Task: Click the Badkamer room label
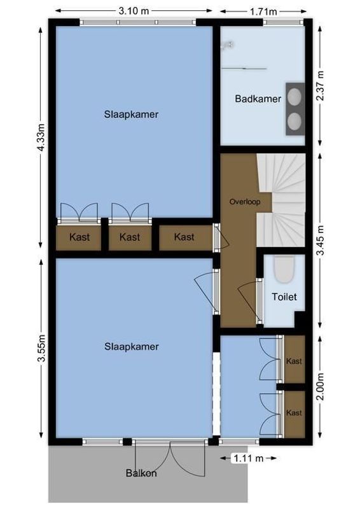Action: coord(258,99)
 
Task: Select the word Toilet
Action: coord(284,296)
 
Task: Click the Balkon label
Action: coord(141,473)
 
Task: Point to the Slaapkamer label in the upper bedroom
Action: coord(131,115)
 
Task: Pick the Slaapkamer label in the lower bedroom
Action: coord(131,347)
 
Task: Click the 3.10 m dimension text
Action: coord(134,11)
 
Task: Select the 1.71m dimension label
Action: coord(263,11)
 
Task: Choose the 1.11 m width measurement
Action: coord(248,457)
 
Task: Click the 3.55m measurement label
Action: coord(41,349)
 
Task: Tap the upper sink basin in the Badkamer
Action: coord(295,96)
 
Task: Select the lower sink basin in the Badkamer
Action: coord(295,120)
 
